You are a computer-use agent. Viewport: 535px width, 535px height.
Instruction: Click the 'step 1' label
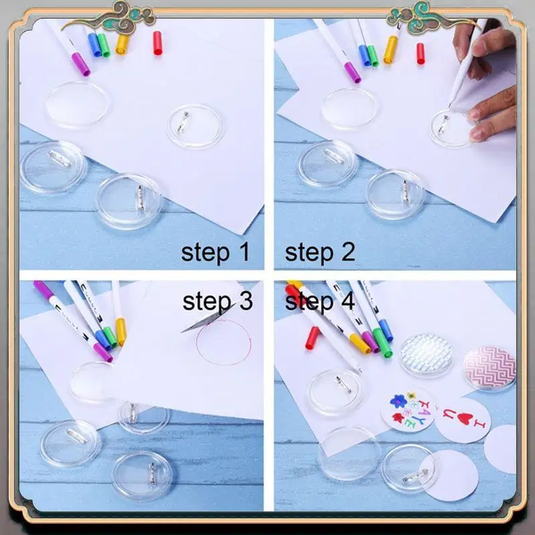click(x=215, y=253)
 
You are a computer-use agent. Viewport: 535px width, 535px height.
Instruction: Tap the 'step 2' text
click(x=320, y=253)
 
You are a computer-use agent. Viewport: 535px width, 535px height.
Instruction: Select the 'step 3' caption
click(x=218, y=301)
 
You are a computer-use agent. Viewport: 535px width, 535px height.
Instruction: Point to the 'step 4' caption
click(x=320, y=301)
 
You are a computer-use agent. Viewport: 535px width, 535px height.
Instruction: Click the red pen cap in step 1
click(x=158, y=43)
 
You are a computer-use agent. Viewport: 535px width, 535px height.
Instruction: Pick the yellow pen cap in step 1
click(x=122, y=44)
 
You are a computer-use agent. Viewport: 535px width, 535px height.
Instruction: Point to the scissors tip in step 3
click(x=183, y=330)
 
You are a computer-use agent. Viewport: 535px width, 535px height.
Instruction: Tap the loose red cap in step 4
click(x=312, y=336)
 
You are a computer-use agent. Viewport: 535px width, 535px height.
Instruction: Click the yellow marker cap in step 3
click(x=120, y=331)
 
